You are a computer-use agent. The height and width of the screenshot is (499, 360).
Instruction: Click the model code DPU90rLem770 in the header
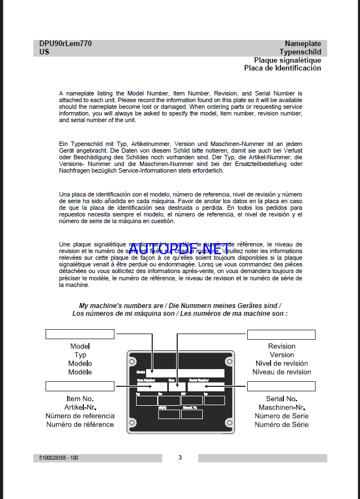click(66, 43)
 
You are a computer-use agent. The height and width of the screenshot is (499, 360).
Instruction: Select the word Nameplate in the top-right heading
click(303, 43)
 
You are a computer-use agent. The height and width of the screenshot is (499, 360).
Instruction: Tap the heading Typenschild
click(300, 52)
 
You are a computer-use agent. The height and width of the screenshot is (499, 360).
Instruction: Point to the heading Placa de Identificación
click(282, 68)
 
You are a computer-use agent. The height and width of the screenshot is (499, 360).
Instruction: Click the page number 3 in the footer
click(180, 457)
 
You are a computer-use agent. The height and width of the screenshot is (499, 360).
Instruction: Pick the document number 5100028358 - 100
click(59, 458)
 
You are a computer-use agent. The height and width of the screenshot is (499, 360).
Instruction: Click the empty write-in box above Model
click(80, 334)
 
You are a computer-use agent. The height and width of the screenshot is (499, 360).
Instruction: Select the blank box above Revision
click(281, 335)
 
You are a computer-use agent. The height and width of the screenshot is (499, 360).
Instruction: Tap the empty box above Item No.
click(80, 386)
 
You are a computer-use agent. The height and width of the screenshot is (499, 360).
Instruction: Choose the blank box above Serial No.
click(281, 386)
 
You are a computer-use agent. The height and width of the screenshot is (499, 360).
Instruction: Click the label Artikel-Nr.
click(80, 407)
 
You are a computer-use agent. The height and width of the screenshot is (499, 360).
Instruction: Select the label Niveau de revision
click(282, 372)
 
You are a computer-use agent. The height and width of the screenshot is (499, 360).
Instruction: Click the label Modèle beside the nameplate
click(80, 372)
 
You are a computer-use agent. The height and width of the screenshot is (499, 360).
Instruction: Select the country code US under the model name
click(44, 52)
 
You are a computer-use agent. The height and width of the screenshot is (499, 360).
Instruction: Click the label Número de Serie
click(282, 416)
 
